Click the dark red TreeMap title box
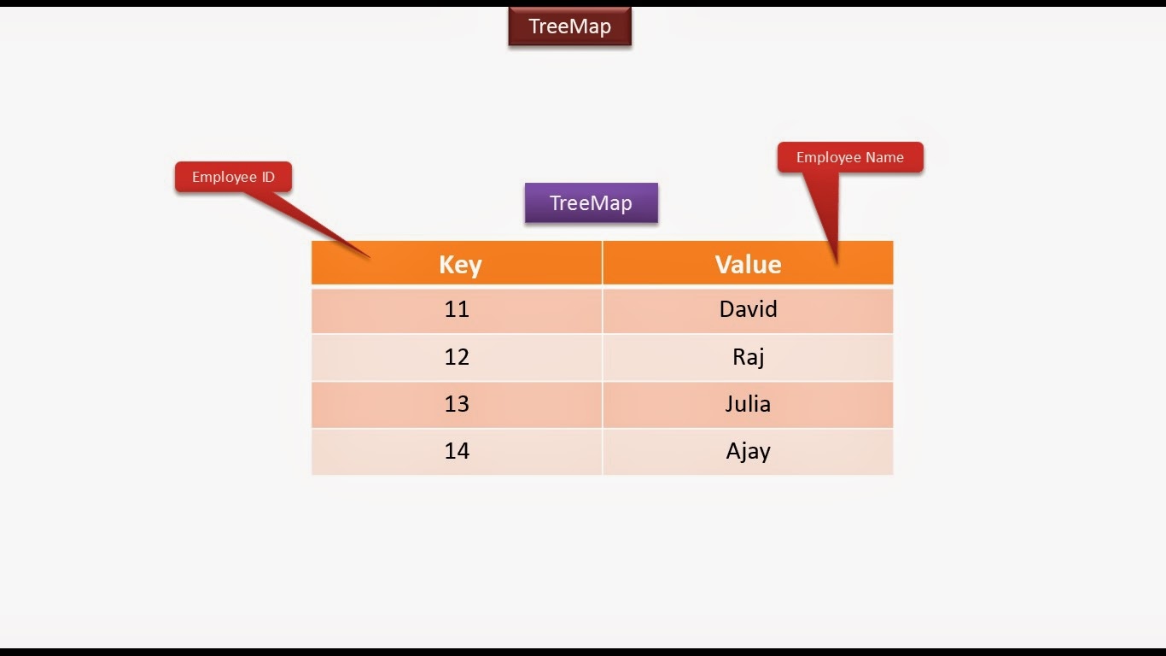[569, 26]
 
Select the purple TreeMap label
[591, 203]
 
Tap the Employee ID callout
[233, 177]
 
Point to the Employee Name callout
[849, 157]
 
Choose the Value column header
[748, 264]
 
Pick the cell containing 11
[457, 309]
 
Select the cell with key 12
[457, 357]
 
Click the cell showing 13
[457, 404]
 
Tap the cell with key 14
[457, 451]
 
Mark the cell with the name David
[748, 309]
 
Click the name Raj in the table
[748, 357]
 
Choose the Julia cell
[748, 404]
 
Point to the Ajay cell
[748, 451]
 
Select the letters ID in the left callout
[268, 178]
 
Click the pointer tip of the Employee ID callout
[368, 255]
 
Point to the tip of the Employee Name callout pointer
[836, 261]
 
